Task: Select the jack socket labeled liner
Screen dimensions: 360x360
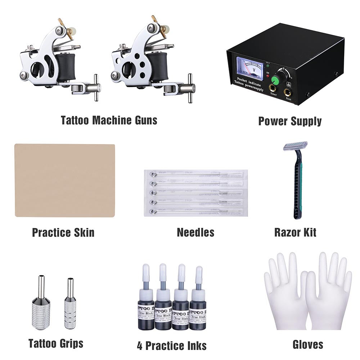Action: (273, 88)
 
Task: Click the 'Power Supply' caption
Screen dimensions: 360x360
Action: (290, 121)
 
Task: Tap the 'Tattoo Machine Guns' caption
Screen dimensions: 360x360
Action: (109, 120)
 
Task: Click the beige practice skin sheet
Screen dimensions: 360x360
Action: (65, 180)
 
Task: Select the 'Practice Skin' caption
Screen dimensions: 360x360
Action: (63, 232)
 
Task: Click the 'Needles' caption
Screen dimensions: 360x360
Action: (195, 232)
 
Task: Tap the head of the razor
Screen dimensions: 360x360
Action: (295, 146)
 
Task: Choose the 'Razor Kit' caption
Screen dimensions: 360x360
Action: (295, 232)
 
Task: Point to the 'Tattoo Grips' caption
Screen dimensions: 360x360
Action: (56, 343)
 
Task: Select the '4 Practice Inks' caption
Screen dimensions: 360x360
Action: (172, 346)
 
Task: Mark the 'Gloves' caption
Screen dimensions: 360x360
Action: (308, 344)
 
